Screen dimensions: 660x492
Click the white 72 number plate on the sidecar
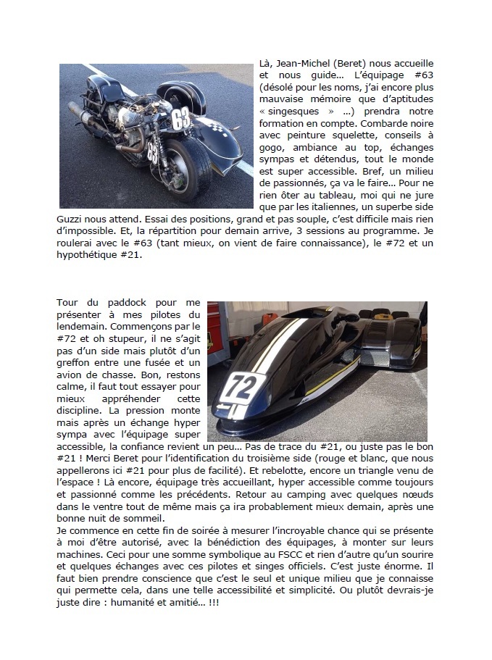coord(242,387)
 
